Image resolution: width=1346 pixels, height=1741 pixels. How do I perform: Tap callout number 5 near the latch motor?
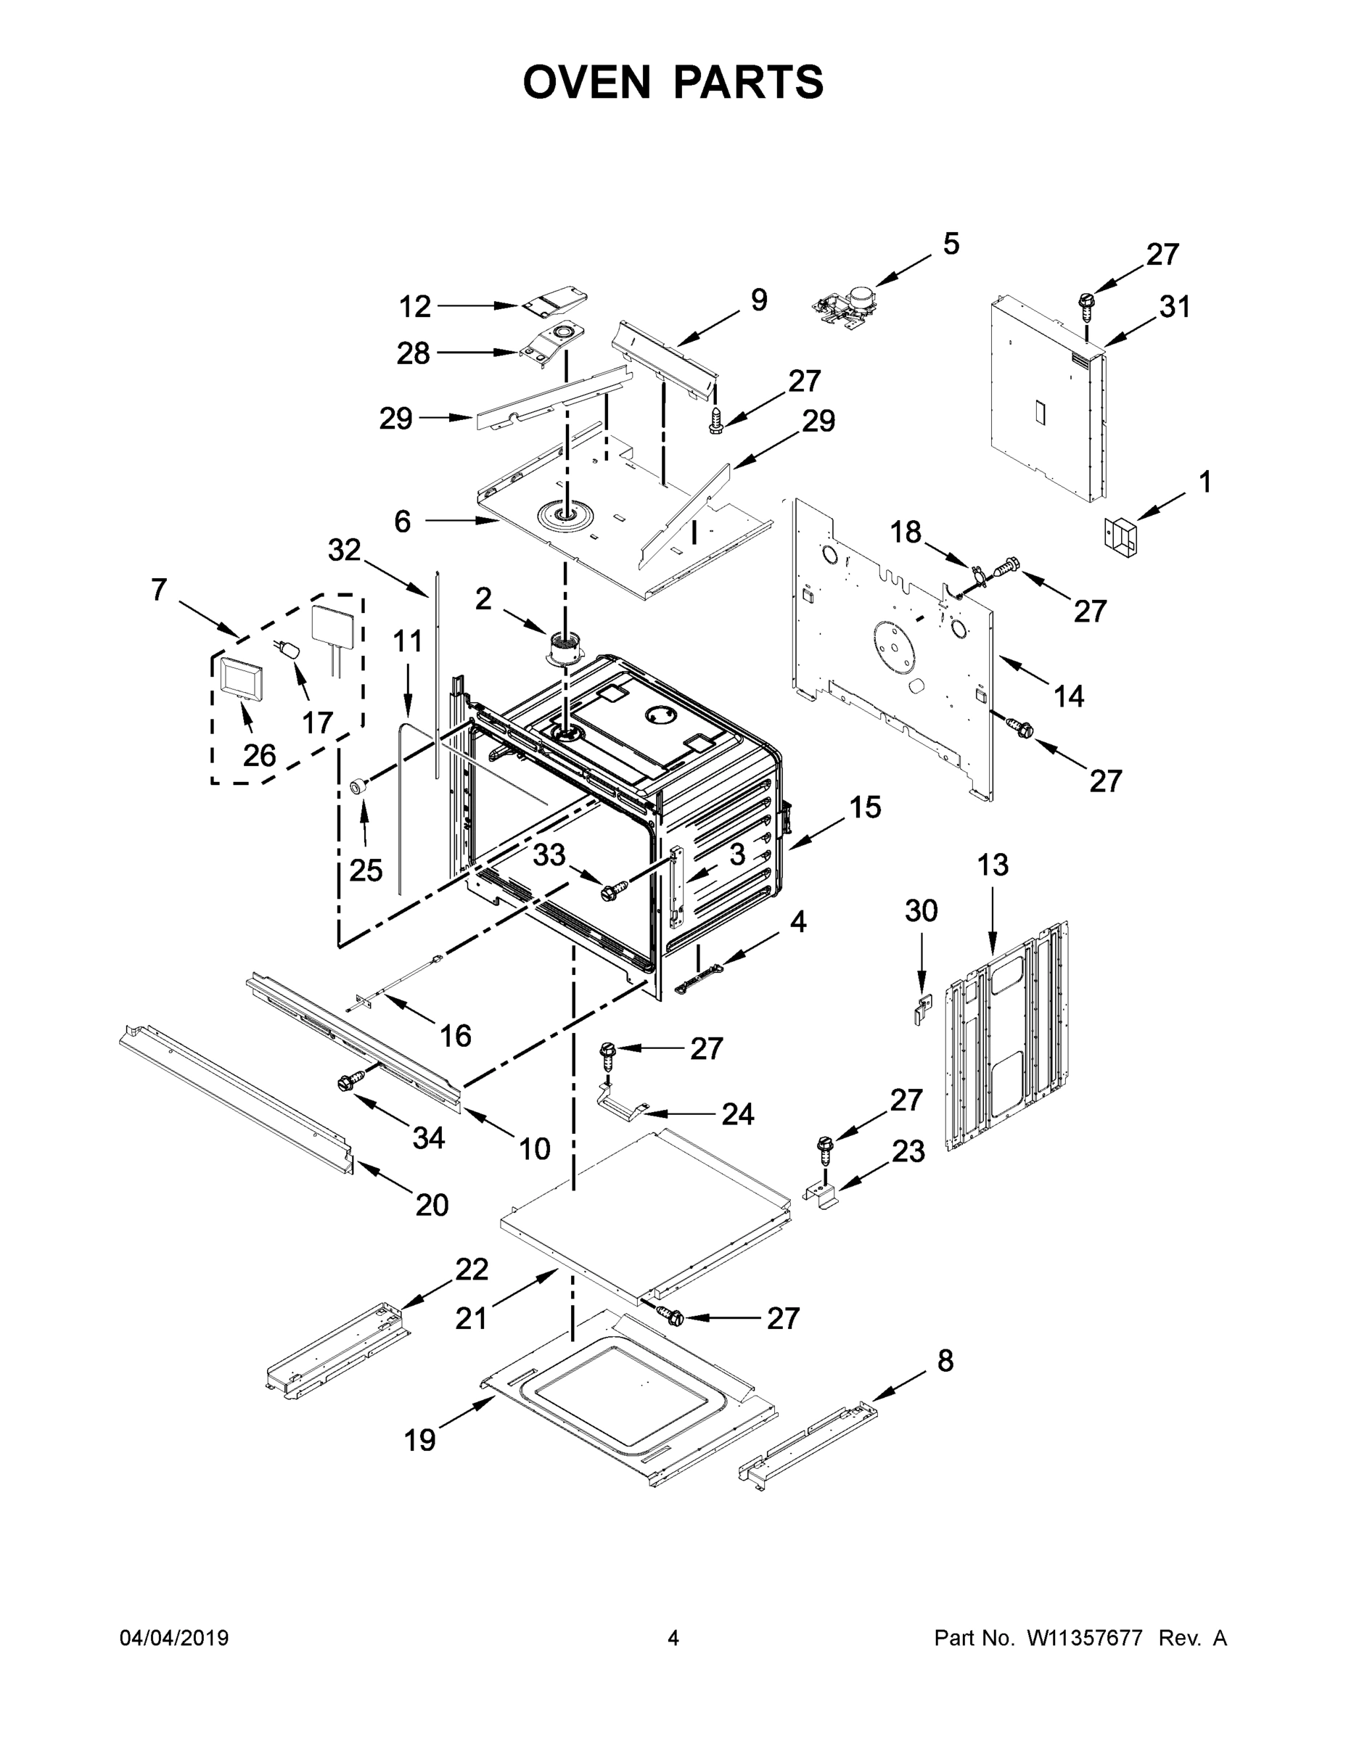(x=951, y=244)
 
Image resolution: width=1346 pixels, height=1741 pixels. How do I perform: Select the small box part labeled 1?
(x=1120, y=532)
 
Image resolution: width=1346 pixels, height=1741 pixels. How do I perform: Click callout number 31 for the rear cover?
(x=1174, y=307)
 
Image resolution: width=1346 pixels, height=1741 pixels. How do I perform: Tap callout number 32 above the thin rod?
(x=345, y=550)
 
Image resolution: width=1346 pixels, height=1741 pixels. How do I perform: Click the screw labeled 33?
(x=614, y=889)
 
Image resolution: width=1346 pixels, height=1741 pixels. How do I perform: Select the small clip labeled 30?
(x=921, y=1010)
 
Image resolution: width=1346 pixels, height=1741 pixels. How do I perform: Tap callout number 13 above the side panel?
(x=993, y=865)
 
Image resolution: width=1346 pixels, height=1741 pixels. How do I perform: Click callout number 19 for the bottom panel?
(x=419, y=1440)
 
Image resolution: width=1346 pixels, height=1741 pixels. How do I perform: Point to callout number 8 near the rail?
(x=945, y=1361)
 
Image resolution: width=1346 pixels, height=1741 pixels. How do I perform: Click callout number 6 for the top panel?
(x=403, y=522)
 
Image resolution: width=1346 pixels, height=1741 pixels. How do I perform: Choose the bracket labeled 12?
(x=556, y=302)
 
